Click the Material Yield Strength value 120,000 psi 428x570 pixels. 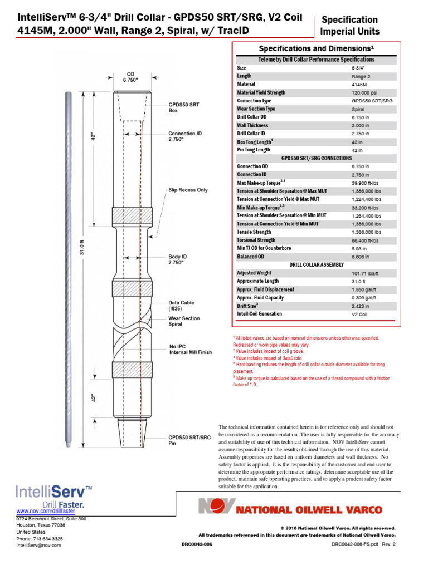pos(365,93)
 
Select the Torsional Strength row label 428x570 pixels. pos(256,240)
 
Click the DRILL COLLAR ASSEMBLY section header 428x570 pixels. pos(317,264)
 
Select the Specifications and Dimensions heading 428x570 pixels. pos(317,48)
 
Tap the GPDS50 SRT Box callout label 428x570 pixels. pos(184,107)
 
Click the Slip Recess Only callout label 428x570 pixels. pos(188,190)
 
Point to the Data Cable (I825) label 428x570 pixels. pos(181,305)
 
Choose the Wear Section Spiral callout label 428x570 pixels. pos(184,321)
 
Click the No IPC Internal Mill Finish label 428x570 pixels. pos(191,350)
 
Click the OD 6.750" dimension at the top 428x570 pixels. pos(130,77)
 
